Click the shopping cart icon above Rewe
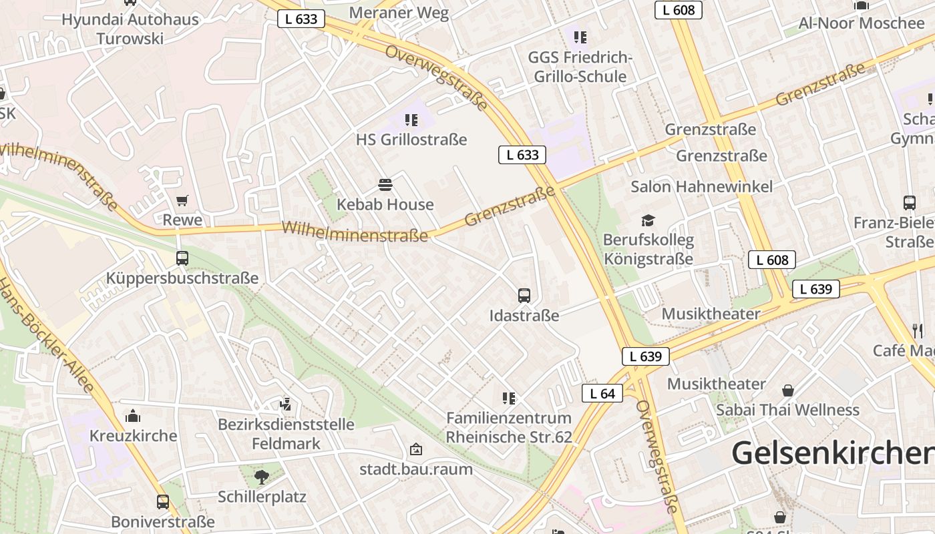pos(182,200)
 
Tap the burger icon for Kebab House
pos(385,184)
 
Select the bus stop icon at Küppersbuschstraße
pos(182,258)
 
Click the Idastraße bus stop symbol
pos(524,295)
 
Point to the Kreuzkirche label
pos(134,436)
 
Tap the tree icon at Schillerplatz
pos(261,477)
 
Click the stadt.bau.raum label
pos(416,469)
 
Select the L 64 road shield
pos(602,394)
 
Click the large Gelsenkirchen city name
pos(832,453)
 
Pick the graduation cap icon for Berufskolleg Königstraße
pos(648,220)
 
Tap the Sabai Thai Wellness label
pos(787,409)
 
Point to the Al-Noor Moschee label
pos(862,23)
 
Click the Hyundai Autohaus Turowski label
pos(130,29)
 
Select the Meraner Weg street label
pos(399,13)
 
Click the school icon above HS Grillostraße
pos(411,120)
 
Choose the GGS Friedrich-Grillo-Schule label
pos(580,67)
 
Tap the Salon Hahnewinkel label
pos(702,186)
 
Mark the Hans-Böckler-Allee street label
pos(47,337)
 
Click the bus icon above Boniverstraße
pos(162,501)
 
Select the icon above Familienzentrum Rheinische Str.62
pos(509,398)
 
